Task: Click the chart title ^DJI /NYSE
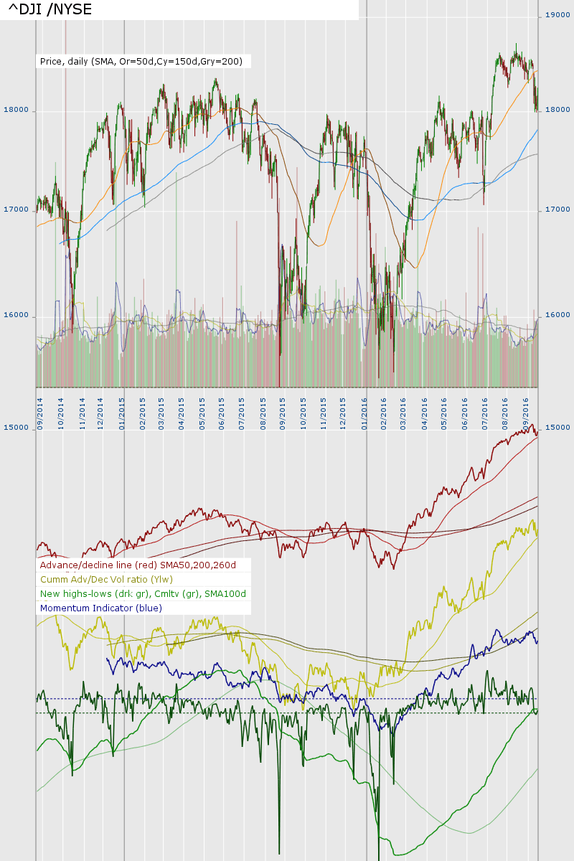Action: tap(50, 9)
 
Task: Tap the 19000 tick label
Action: tap(557, 14)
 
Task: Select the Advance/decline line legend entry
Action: tap(138, 565)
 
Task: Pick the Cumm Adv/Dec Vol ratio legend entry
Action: tap(107, 580)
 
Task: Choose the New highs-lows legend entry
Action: tap(143, 594)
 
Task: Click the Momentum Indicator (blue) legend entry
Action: tap(101, 608)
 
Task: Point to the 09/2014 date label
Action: tap(39, 409)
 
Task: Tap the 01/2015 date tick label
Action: tap(122, 409)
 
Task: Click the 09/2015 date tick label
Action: tap(283, 409)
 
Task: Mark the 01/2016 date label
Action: tap(364, 409)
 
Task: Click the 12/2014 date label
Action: tap(101, 409)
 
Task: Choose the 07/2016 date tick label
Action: tap(486, 409)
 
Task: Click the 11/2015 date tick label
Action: tap(324, 409)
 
